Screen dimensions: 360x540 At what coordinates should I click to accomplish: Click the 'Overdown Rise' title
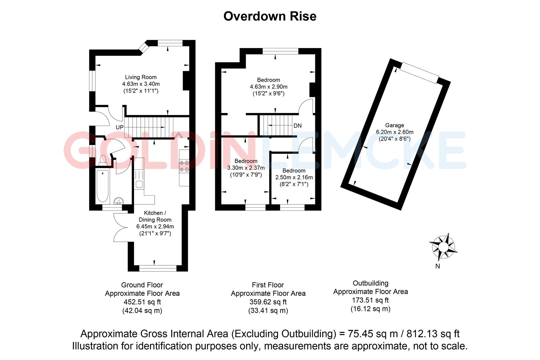pos(270,16)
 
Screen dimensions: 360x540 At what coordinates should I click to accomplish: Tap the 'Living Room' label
pos(141,77)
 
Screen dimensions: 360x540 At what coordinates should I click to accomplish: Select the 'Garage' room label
pos(394,125)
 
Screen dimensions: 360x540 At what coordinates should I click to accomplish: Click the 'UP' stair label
pos(119,127)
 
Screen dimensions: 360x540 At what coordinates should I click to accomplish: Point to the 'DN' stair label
pos(297,126)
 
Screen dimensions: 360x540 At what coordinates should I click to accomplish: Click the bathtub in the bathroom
pos(102,185)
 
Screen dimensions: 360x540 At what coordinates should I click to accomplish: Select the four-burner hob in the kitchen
pos(184,166)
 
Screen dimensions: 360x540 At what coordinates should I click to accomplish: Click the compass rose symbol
pos(443,247)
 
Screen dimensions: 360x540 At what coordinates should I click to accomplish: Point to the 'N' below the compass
pos(438,266)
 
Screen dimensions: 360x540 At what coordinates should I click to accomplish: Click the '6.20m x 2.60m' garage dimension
pos(394,132)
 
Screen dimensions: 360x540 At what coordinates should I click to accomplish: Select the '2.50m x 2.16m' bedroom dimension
pos(294,177)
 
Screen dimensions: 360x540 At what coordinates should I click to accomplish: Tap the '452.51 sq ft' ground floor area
pos(142,302)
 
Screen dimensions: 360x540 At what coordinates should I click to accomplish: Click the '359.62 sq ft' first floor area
pos(268,302)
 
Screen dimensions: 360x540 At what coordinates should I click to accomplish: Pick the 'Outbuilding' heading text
pos(370,283)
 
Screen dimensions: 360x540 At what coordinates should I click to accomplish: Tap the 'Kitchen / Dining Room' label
pos(155,216)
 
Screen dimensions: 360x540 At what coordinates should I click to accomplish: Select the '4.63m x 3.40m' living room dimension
pos(141,84)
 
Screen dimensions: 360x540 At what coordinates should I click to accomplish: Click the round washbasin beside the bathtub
pos(119,201)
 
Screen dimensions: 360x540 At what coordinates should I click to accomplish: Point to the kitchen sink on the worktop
pos(139,184)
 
